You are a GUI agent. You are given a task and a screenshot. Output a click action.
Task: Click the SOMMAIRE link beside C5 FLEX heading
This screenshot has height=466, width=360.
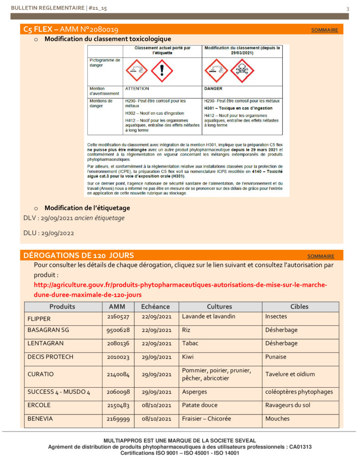[325, 30]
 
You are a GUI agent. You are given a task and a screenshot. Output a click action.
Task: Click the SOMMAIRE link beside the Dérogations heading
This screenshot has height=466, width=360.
[321, 256]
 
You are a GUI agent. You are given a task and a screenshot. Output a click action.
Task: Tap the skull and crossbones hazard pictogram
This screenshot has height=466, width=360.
[243, 70]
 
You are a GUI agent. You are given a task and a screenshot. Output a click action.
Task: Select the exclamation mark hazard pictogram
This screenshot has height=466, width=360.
[162, 70]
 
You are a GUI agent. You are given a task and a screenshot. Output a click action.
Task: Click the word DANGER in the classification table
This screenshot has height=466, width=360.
[213, 89]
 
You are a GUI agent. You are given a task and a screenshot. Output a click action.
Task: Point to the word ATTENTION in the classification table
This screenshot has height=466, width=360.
[137, 89]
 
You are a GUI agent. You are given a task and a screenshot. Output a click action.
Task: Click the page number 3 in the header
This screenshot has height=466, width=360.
[348, 9]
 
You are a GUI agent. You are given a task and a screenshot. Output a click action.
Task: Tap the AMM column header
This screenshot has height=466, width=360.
[118, 307]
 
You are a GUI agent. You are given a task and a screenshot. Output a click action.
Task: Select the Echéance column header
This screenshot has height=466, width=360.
[155, 307]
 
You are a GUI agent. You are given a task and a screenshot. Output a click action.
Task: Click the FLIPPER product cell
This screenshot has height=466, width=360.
[39, 319]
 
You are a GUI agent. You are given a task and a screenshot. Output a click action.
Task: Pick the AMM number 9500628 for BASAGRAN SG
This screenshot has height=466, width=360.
[118, 330]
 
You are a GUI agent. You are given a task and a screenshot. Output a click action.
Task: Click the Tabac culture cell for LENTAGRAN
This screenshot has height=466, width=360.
[190, 344]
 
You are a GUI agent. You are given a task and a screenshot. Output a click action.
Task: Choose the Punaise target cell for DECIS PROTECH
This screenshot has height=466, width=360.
[276, 357]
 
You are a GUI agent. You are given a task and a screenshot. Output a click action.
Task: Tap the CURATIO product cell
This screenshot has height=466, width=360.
[41, 374]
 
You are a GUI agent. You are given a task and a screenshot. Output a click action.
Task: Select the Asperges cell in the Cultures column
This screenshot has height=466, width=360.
[194, 392]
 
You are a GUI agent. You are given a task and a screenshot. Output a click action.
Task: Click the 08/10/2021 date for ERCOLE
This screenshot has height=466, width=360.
[156, 405]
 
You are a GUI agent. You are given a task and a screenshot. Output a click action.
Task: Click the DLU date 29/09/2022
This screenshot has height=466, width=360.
[57, 233]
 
